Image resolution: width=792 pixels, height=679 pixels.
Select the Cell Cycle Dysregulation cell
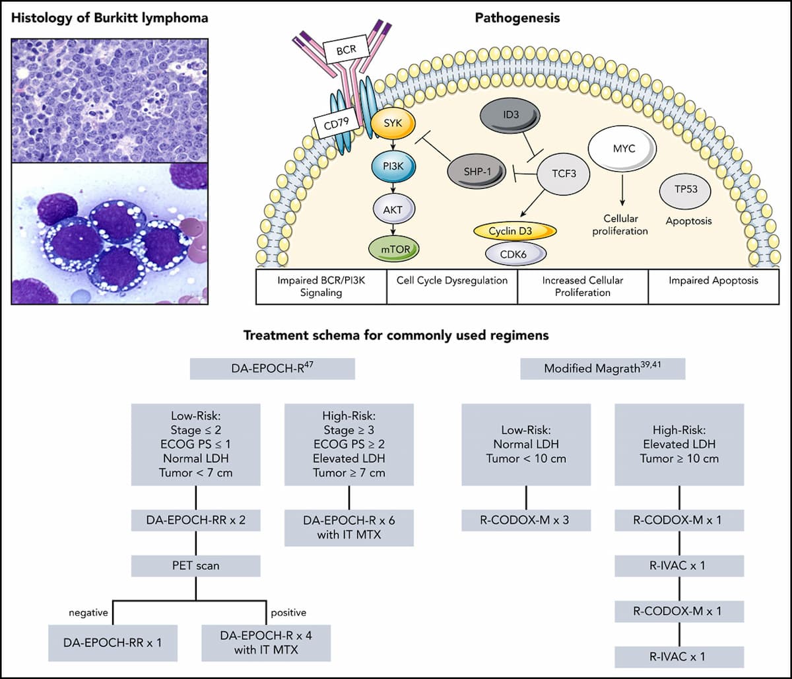click(452, 281)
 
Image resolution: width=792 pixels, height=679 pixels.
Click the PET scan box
click(195, 565)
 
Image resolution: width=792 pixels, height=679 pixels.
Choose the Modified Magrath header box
click(603, 368)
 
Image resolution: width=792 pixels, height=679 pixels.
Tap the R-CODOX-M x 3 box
click(526, 520)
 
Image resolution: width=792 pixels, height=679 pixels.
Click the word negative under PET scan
click(88, 612)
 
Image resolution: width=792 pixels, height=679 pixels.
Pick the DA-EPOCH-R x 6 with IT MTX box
click(349, 528)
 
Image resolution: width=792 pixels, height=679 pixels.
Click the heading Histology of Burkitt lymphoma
click(110, 18)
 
